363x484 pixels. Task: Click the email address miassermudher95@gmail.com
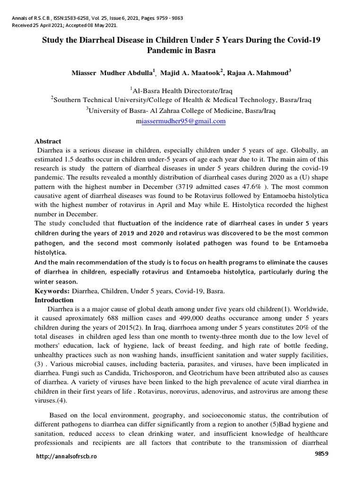181,121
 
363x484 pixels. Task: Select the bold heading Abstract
48,141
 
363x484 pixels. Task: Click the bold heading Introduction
54,300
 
